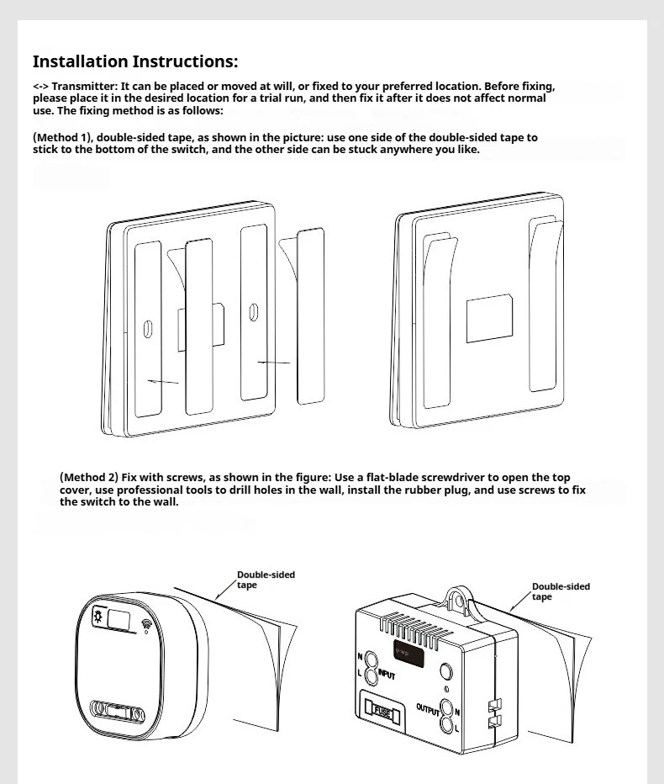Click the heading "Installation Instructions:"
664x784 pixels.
134,61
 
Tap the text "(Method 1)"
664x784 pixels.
63,137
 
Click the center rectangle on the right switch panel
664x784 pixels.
489,318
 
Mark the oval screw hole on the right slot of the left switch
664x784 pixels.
254,313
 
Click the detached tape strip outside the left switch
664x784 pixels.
310,317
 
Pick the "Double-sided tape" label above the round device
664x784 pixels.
265,580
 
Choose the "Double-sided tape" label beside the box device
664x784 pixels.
561,591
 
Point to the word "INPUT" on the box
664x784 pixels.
387,674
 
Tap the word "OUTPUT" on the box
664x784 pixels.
428,708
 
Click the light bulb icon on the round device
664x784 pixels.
97,619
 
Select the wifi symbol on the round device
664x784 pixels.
147,625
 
